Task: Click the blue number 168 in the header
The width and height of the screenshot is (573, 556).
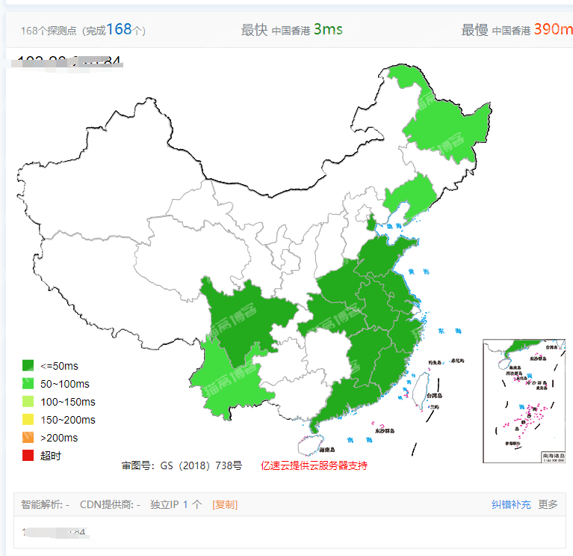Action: [x=119, y=29]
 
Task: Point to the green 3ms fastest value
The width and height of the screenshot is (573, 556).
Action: [x=328, y=29]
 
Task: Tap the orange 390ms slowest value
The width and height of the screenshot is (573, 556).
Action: [x=553, y=29]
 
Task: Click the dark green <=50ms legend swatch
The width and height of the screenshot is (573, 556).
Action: [x=28, y=366]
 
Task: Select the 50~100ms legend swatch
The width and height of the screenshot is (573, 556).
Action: [x=28, y=384]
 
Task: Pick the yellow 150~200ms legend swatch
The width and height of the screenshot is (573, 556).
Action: [x=28, y=420]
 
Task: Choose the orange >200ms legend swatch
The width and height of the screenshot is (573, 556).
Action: [x=28, y=438]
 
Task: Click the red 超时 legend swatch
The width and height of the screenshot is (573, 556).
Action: [x=28, y=456]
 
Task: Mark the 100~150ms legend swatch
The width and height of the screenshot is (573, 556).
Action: [x=28, y=402]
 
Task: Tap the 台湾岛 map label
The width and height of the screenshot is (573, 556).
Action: [x=435, y=396]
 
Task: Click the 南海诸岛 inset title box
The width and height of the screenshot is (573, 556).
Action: [x=553, y=455]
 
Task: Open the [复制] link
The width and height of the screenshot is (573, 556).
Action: [x=225, y=504]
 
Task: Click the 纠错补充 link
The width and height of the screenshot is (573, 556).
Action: [x=511, y=504]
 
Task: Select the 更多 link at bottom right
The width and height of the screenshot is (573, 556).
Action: [x=548, y=504]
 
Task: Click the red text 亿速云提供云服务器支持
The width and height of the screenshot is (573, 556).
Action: [x=313, y=465]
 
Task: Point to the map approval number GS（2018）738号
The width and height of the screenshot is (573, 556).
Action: [x=182, y=465]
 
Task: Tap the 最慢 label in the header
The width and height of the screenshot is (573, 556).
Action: [x=474, y=30]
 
